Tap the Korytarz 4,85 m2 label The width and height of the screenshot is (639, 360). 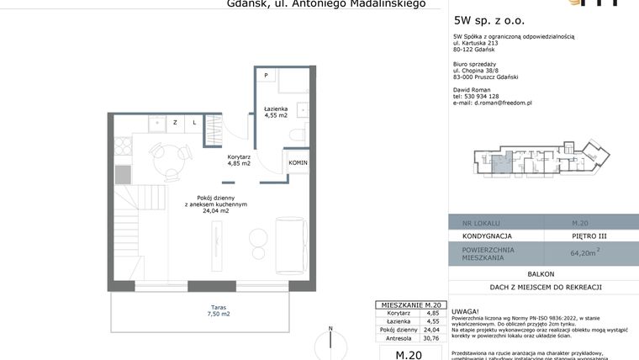tap(239, 160)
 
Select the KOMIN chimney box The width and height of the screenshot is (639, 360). tap(298, 162)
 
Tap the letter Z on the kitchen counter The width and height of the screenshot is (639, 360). tap(175, 123)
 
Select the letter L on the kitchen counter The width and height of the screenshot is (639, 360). tap(193, 123)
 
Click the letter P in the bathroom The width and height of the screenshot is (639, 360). tap(265, 76)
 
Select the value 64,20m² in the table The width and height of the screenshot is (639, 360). tap(584, 251)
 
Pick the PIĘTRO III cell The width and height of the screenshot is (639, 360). tap(584, 236)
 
